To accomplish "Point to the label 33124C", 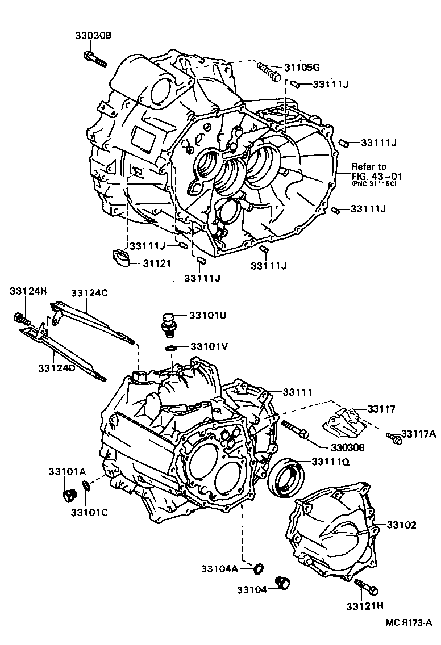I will (x=89, y=293).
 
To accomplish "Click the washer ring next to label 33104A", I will (x=259, y=567).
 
